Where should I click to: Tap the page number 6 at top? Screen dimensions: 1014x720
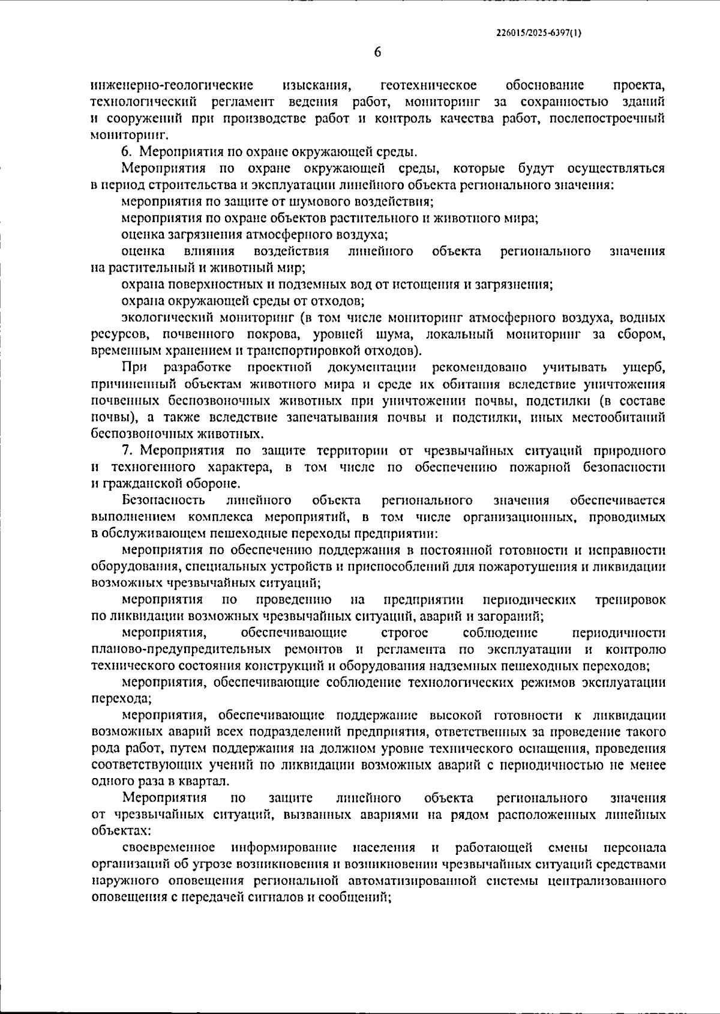(x=377, y=52)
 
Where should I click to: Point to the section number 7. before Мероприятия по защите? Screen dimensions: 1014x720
(x=126, y=450)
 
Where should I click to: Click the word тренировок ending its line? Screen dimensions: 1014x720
(x=630, y=600)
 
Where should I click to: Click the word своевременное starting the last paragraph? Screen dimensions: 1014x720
(x=169, y=848)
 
